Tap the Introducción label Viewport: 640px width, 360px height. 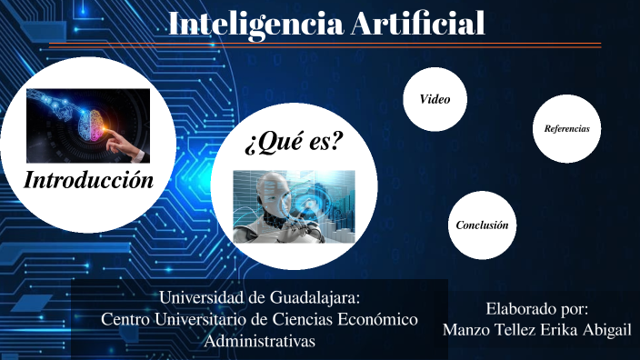tap(88, 179)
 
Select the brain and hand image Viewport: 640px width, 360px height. tap(88, 125)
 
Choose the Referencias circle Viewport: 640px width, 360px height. tap(566, 129)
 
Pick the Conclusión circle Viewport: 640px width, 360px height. tap(482, 225)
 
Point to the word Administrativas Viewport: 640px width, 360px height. tap(260, 341)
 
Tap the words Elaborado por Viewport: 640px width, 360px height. tap(537, 308)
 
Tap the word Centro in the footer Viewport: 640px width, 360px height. tap(125, 319)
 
